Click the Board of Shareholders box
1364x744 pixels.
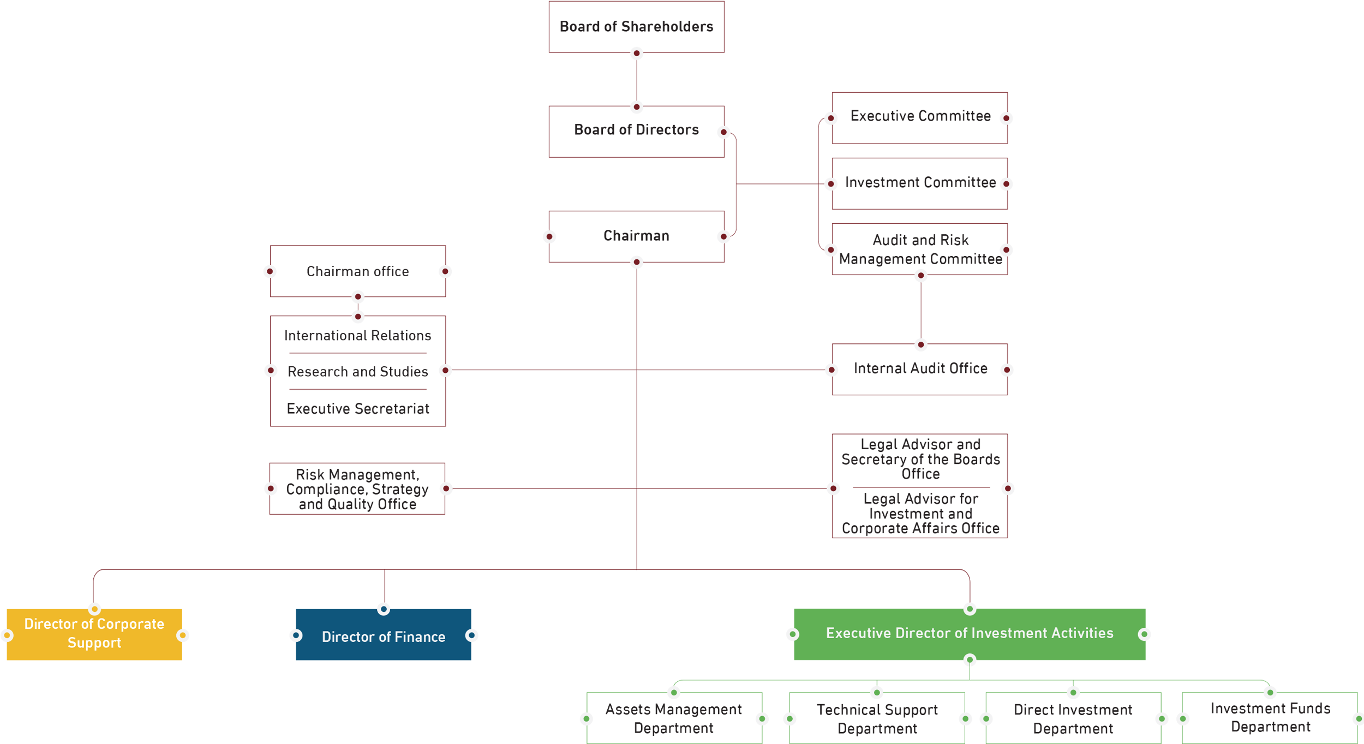pyautogui.click(x=636, y=27)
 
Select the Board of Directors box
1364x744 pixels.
pyautogui.click(x=636, y=132)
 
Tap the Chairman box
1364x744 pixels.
pyautogui.click(x=636, y=236)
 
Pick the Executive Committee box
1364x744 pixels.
pyautogui.click(x=919, y=118)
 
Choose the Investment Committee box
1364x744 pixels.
pyautogui.click(x=919, y=183)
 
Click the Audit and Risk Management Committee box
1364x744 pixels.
pyautogui.click(x=919, y=249)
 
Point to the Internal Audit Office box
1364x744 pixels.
pyautogui.click(x=919, y=370)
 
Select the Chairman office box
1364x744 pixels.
pyautogui.click(x=358, y=271)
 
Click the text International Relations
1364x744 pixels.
pyautogui.click(x=358, y=336)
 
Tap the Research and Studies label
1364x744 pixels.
pyautogui.click(x=358, y=372)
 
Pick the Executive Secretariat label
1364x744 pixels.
pyautogui.click(x=358, y=409)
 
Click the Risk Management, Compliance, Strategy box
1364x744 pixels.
pyautogui.click(x=357, y=489)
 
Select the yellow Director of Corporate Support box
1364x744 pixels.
pyautogui.click(x=94, y=634)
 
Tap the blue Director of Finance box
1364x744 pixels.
pyautogui.click(x=384, y=634)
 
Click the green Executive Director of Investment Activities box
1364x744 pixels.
pyautogui.click(x=970, y=634)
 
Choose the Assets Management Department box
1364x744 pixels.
pyautogui.click(x=674, y=718)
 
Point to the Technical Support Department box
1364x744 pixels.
pyautogui.click(x=877, y=718)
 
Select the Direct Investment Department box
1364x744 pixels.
pyautogui.click(x=1073, y=718)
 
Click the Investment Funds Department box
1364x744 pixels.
pyautogui.click(x=1270, y=718)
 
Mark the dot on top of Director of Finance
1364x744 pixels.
pyautogui.click(x=384, y=609)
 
